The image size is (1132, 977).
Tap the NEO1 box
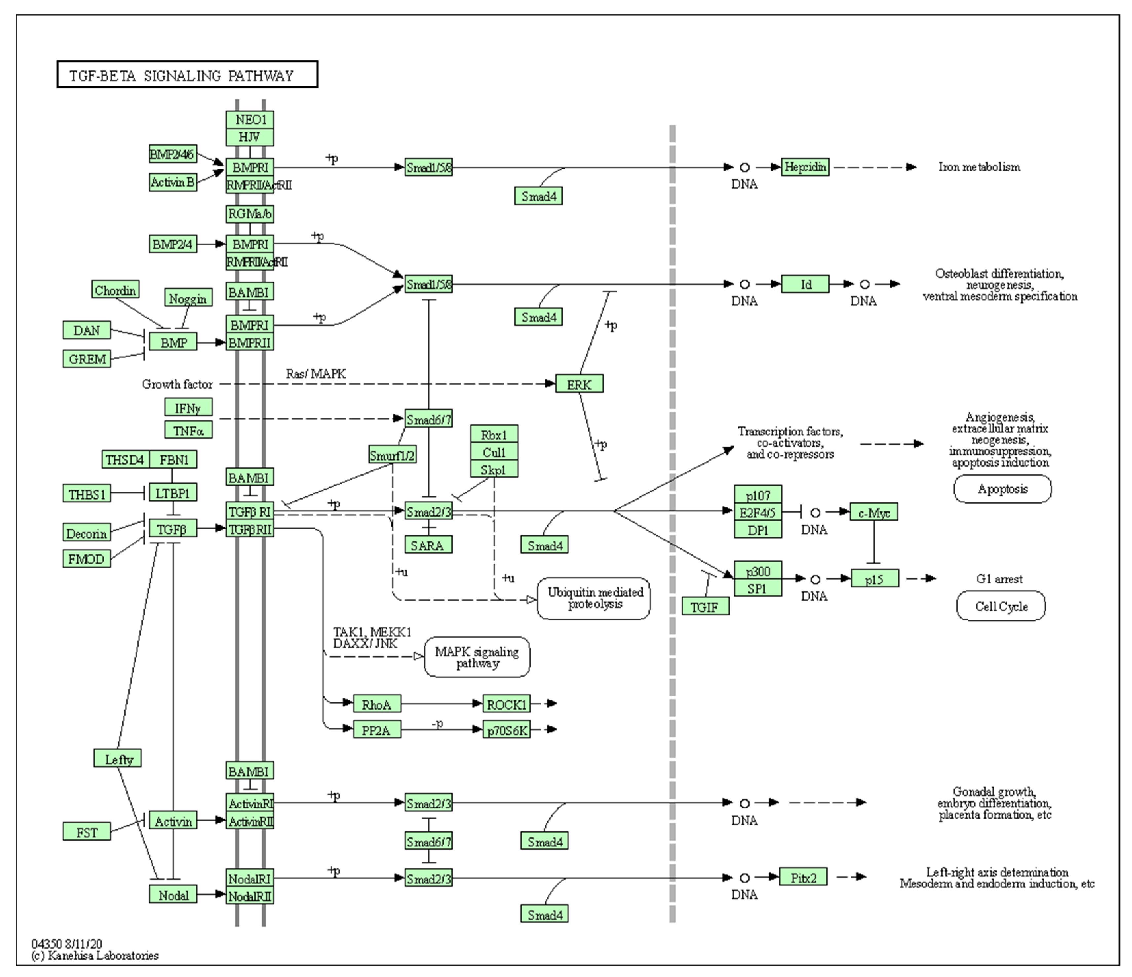(250, 120)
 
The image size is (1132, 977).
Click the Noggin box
(188, 298)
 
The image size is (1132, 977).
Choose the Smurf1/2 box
(392, 454)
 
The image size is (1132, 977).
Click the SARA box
(428, 545)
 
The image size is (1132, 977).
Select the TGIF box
(705, 606)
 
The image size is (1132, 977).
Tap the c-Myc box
(874, 512)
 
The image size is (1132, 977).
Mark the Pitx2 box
(803, 877)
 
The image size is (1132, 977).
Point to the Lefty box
(117, 759)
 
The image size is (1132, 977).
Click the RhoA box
(377, 704)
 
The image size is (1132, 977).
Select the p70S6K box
(506, 730)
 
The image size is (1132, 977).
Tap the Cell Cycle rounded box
(1001, 606)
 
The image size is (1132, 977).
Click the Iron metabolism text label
(979, 167)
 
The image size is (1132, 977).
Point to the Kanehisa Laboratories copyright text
(96, 955)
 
